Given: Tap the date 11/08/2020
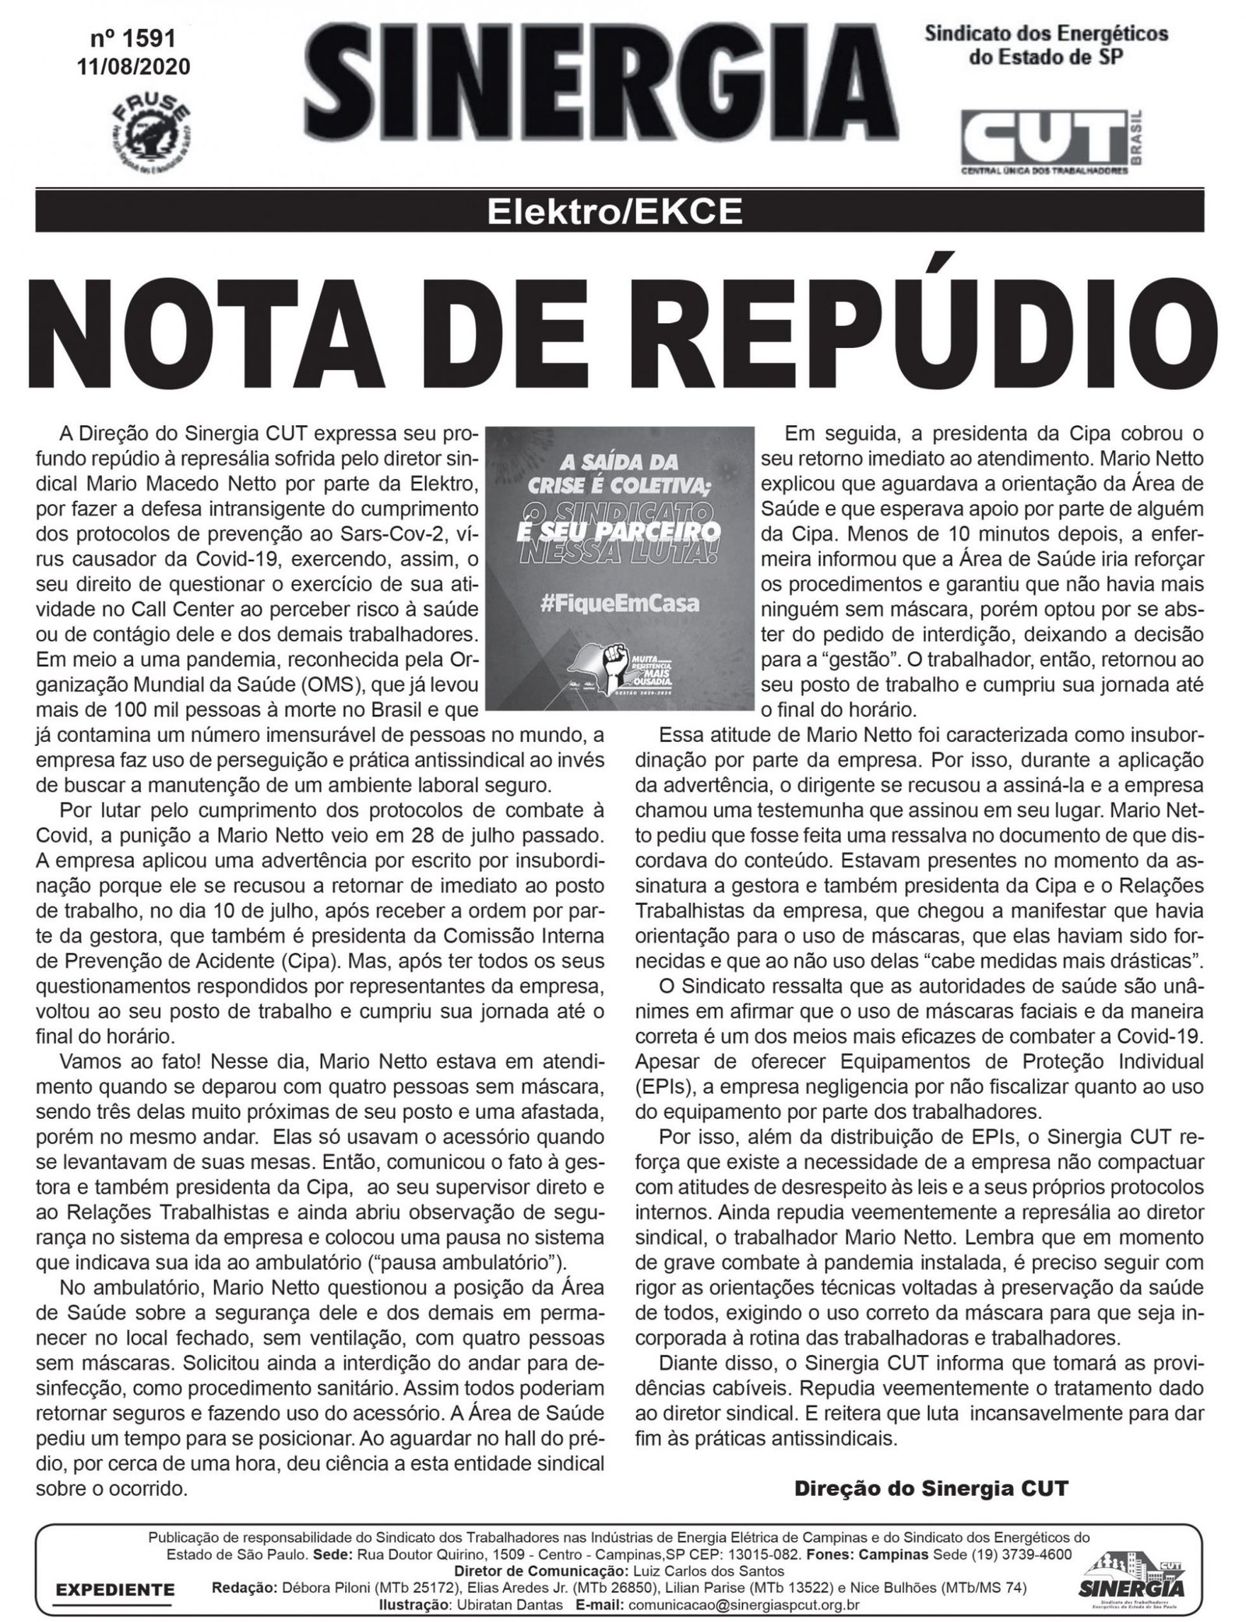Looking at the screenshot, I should click(x=133, y=67).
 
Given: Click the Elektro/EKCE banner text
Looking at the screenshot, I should click(x=621, y=211).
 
